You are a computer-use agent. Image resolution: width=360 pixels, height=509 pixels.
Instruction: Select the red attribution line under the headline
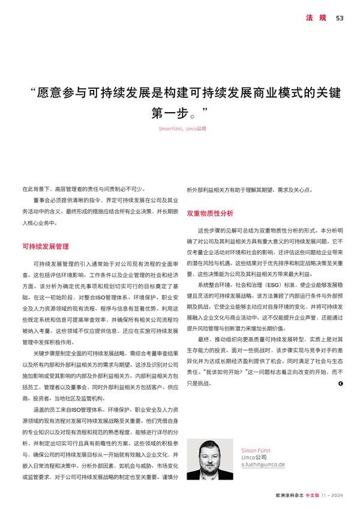(182, 128)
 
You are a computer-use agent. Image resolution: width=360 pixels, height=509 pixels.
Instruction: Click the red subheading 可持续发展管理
(45, 246)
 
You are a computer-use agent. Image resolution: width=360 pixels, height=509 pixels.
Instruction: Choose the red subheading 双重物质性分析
(210, 213)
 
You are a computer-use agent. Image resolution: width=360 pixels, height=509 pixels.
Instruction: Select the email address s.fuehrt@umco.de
(263, 465)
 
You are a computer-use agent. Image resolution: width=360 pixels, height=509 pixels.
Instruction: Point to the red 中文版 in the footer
(313, 496)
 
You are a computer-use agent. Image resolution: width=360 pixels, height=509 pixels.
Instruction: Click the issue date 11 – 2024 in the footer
(333, 496)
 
